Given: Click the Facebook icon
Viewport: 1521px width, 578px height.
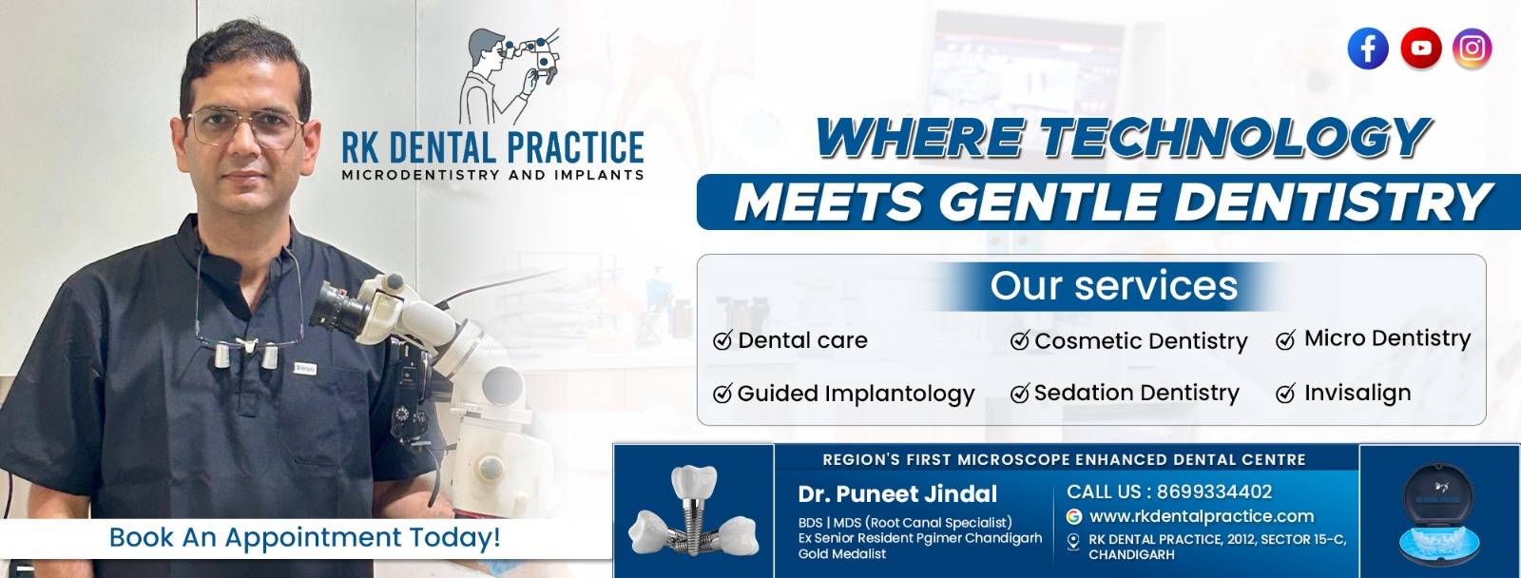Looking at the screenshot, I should tap(1368, 48).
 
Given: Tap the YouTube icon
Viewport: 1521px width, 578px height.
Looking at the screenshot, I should tap(1420, 48).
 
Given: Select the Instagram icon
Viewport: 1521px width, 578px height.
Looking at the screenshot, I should tap(1473, 48).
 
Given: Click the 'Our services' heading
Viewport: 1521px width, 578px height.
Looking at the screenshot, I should tap(1113, 285).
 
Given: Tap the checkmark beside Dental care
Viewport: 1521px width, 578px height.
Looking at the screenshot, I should tap(722, 340).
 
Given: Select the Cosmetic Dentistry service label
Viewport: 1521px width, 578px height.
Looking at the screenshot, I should tap(1141, 340).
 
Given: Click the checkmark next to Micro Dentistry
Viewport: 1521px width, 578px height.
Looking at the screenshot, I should tap(1285, 340).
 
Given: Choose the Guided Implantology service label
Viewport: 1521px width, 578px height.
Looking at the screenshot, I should tap(856, 394).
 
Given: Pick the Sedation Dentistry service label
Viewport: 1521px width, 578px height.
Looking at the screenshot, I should tap(1136, 393).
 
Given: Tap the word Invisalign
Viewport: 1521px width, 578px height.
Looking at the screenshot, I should tap(1357, 393).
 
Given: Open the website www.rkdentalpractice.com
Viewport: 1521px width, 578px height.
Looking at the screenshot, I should tap(1202, 516).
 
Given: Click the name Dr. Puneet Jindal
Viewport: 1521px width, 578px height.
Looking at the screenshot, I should tap(897, 493).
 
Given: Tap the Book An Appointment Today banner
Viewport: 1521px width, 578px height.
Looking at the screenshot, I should tap(304, 537).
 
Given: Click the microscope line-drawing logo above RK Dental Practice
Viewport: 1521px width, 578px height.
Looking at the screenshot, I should tap(509, 76).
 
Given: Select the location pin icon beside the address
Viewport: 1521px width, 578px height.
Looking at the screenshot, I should tap(1073, 541).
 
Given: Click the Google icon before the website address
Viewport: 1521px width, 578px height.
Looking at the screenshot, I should tap(1074, 516).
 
